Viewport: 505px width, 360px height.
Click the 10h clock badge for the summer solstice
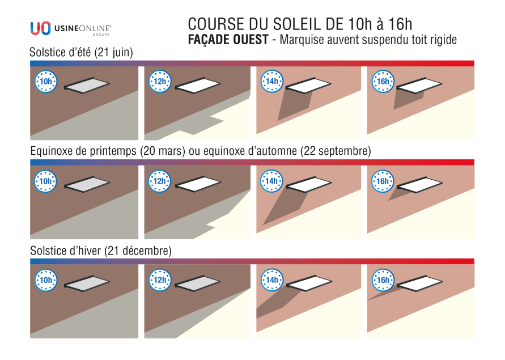(46, 82)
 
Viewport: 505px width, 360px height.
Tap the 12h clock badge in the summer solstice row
(160, 82)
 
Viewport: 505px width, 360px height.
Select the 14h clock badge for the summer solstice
(272, 82)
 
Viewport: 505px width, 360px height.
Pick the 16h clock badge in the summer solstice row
(383, 82)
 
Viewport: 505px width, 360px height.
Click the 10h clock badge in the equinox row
(46, 181)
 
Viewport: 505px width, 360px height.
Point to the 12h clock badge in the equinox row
(160, 181)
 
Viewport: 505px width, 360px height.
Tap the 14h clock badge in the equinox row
(272, 181)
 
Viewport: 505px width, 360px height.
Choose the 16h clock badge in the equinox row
(383, 181)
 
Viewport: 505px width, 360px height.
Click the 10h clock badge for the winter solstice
(46, 280)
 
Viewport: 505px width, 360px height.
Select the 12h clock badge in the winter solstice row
(160, 280)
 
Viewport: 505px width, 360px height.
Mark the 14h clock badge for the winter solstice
(272, 280)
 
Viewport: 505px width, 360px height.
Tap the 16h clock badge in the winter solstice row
(383, 280)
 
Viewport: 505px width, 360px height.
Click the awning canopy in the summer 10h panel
(88, 84)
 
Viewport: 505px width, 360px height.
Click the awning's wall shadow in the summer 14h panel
(295, 105)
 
